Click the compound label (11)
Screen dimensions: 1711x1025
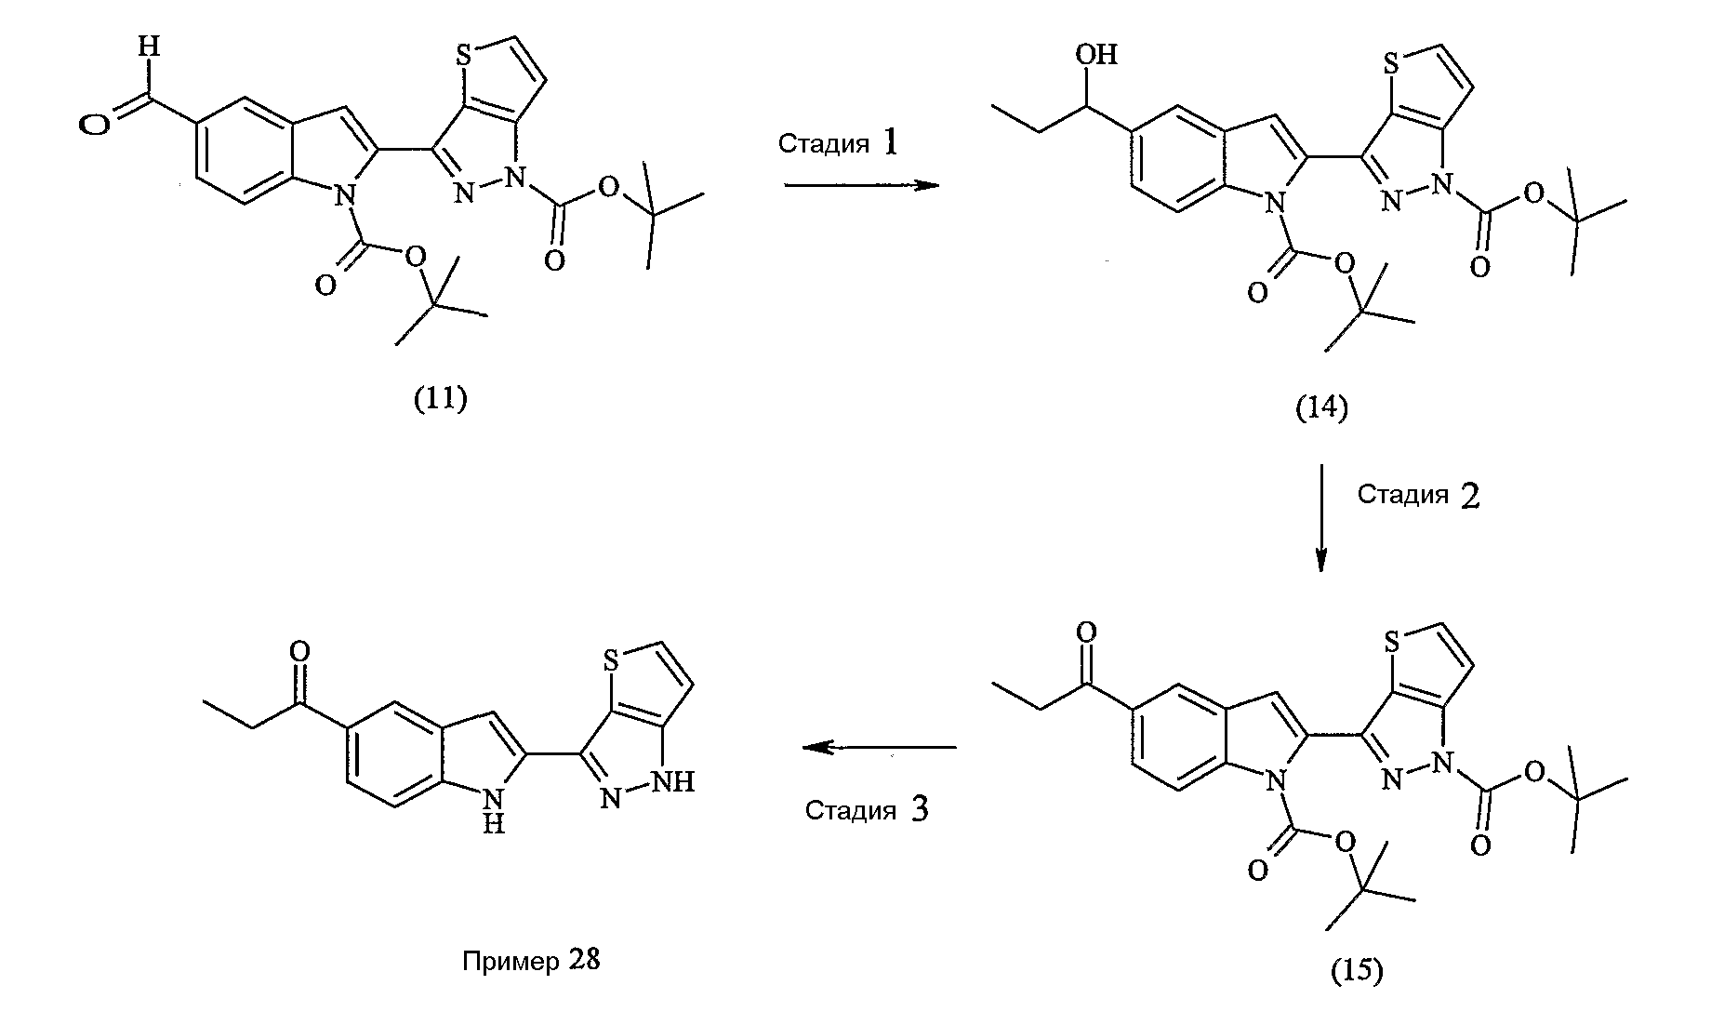(440, 399)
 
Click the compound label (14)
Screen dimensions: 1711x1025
(1321, 407)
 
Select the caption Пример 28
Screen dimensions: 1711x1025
(531, 960)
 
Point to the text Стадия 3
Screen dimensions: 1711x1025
(867, 809)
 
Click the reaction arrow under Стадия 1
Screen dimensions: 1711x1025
(862, 185)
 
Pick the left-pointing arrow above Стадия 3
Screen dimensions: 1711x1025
(880, 746)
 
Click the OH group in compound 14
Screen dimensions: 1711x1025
(1096, 54)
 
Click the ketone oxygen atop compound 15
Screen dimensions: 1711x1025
(1085, 632)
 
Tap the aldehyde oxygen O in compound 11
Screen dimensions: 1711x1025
(93, 125)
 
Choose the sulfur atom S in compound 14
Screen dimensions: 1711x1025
(1391, 64)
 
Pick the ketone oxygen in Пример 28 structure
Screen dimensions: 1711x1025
(298, 647)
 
